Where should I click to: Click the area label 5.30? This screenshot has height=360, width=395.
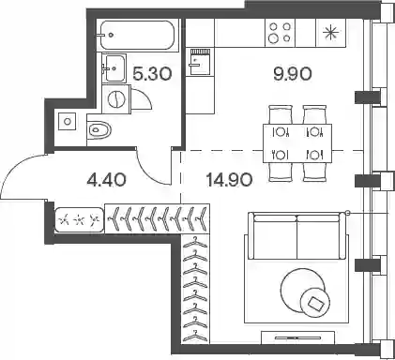152,74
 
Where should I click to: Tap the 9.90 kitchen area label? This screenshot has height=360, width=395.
293,74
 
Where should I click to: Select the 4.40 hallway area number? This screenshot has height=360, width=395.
107,180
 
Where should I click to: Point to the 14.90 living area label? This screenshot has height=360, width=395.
229,180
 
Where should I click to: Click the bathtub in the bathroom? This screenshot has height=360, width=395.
138,35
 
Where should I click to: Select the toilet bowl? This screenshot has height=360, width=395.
99,130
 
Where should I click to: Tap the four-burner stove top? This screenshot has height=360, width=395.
280,33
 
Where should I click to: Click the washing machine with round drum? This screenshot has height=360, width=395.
116,98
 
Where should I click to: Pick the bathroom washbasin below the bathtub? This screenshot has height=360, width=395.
114,67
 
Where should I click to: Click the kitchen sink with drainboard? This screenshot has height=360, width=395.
200,61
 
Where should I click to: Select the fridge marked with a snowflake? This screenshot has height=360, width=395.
330,33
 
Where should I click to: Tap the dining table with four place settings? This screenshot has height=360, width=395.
297,143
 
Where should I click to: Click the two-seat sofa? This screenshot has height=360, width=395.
296,236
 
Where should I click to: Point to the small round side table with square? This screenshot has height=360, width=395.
315,302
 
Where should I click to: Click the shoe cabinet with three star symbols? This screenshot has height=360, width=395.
79,220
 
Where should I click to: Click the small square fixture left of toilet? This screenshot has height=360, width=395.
68,121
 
